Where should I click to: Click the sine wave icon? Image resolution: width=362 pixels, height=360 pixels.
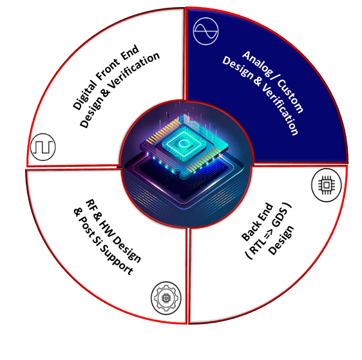coord(205,31)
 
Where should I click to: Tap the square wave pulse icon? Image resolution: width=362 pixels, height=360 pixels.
coord(43,147)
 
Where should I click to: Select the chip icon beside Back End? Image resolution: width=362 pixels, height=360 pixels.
coord(326,185)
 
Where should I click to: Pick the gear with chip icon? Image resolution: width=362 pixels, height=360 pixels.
coord(166,298)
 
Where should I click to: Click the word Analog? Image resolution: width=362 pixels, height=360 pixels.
coord(256,63)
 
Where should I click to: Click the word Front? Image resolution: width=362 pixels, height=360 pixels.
coord(108,69)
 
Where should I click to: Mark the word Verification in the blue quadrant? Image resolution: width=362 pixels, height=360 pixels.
coord(280,109)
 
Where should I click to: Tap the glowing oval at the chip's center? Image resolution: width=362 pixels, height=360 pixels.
coord(184,143)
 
